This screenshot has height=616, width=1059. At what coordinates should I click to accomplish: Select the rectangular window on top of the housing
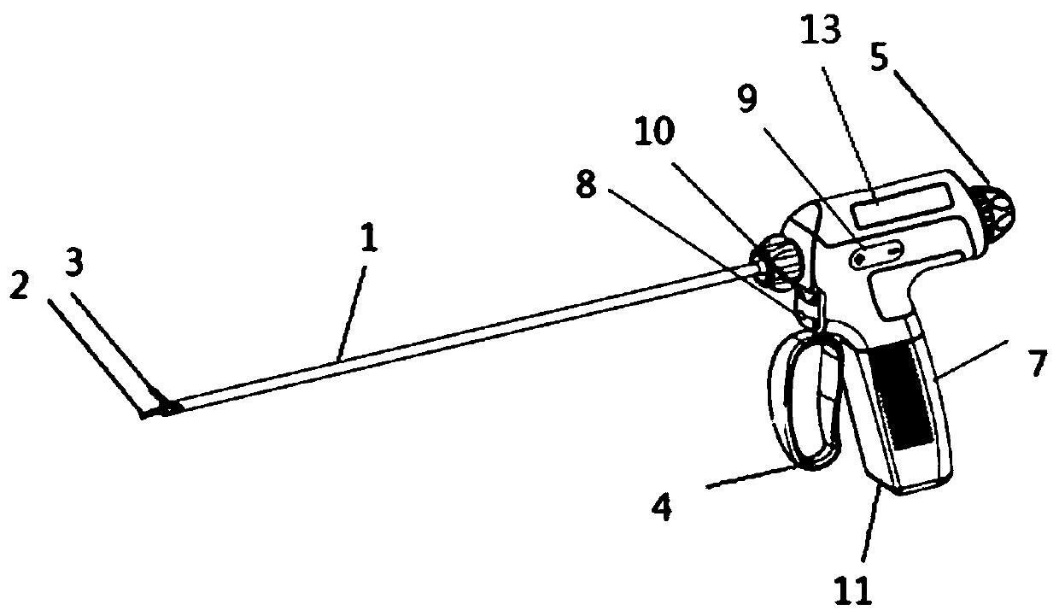point(904,204)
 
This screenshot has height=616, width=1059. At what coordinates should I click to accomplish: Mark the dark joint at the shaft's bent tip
point(164,408)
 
